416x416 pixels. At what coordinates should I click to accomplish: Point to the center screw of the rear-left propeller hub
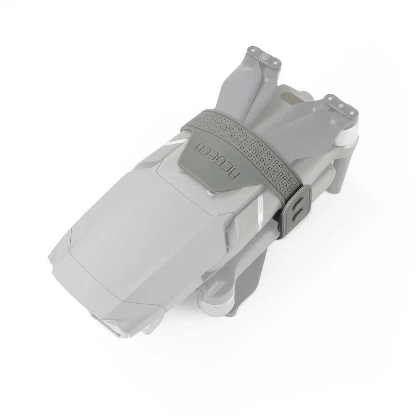tap(264, 56)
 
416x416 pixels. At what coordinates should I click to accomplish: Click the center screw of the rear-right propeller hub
tap(341, 105)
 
